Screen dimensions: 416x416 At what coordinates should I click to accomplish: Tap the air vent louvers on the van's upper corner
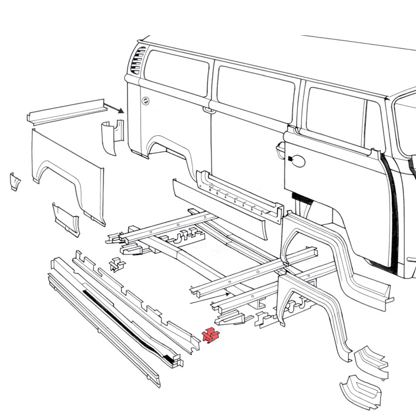click(139, 61)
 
